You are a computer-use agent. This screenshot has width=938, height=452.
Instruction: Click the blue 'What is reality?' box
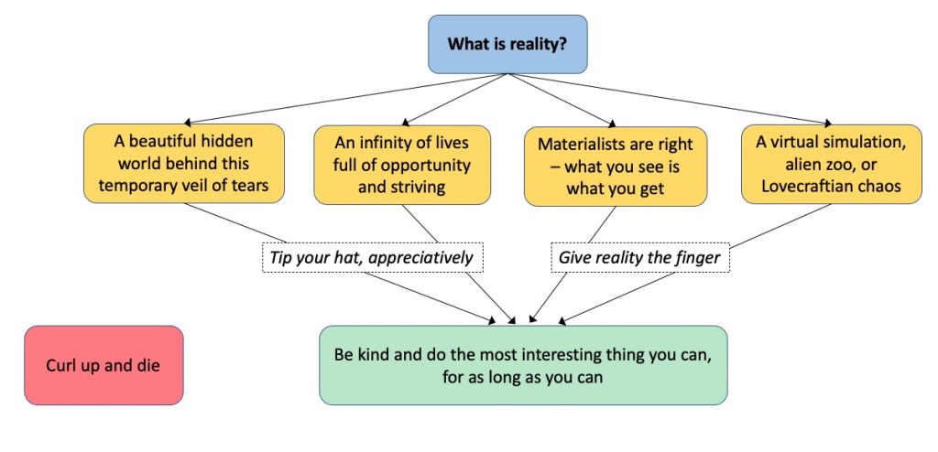[x=507, y=44]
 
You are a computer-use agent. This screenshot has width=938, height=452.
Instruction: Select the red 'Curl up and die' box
[x=104, y=365]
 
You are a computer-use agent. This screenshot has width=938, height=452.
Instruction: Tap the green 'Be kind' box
[x=522, y=365]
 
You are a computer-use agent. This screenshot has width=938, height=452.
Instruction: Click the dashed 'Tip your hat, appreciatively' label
[x=371, y=258]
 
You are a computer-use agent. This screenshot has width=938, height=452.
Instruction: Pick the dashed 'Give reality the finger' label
[x=640, y=258]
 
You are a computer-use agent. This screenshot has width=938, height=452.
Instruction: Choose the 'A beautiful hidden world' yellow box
[x=183, y=165]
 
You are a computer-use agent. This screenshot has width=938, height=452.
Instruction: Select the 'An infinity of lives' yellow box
[x=402, y=165]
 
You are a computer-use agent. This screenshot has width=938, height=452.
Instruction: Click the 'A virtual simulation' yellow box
[x=831, y=165]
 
